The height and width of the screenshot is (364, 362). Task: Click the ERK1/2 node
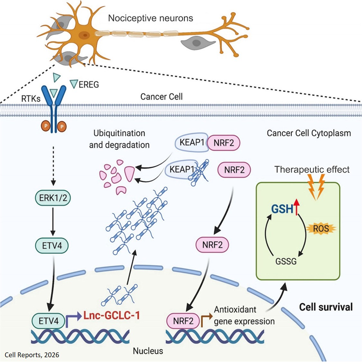[x=53, y=198]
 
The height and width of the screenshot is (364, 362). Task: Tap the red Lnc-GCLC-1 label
[x=112, y=315]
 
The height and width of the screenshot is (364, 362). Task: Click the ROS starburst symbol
[x=321, y=229]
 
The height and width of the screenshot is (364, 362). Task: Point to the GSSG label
[x=286, y=261]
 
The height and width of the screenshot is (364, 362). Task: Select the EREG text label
[x=89, y=85]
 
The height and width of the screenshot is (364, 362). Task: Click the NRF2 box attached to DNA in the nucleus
[x=183, y=321]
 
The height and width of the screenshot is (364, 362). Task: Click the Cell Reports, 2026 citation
[x=32, y=355]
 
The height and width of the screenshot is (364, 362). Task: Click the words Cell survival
[x=326, y=307]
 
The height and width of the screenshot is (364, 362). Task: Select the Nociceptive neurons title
[x=151, y=18]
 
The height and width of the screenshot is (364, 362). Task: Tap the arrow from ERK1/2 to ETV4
[x=53, y=222]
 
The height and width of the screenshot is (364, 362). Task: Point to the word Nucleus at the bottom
[x=148, y=350]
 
